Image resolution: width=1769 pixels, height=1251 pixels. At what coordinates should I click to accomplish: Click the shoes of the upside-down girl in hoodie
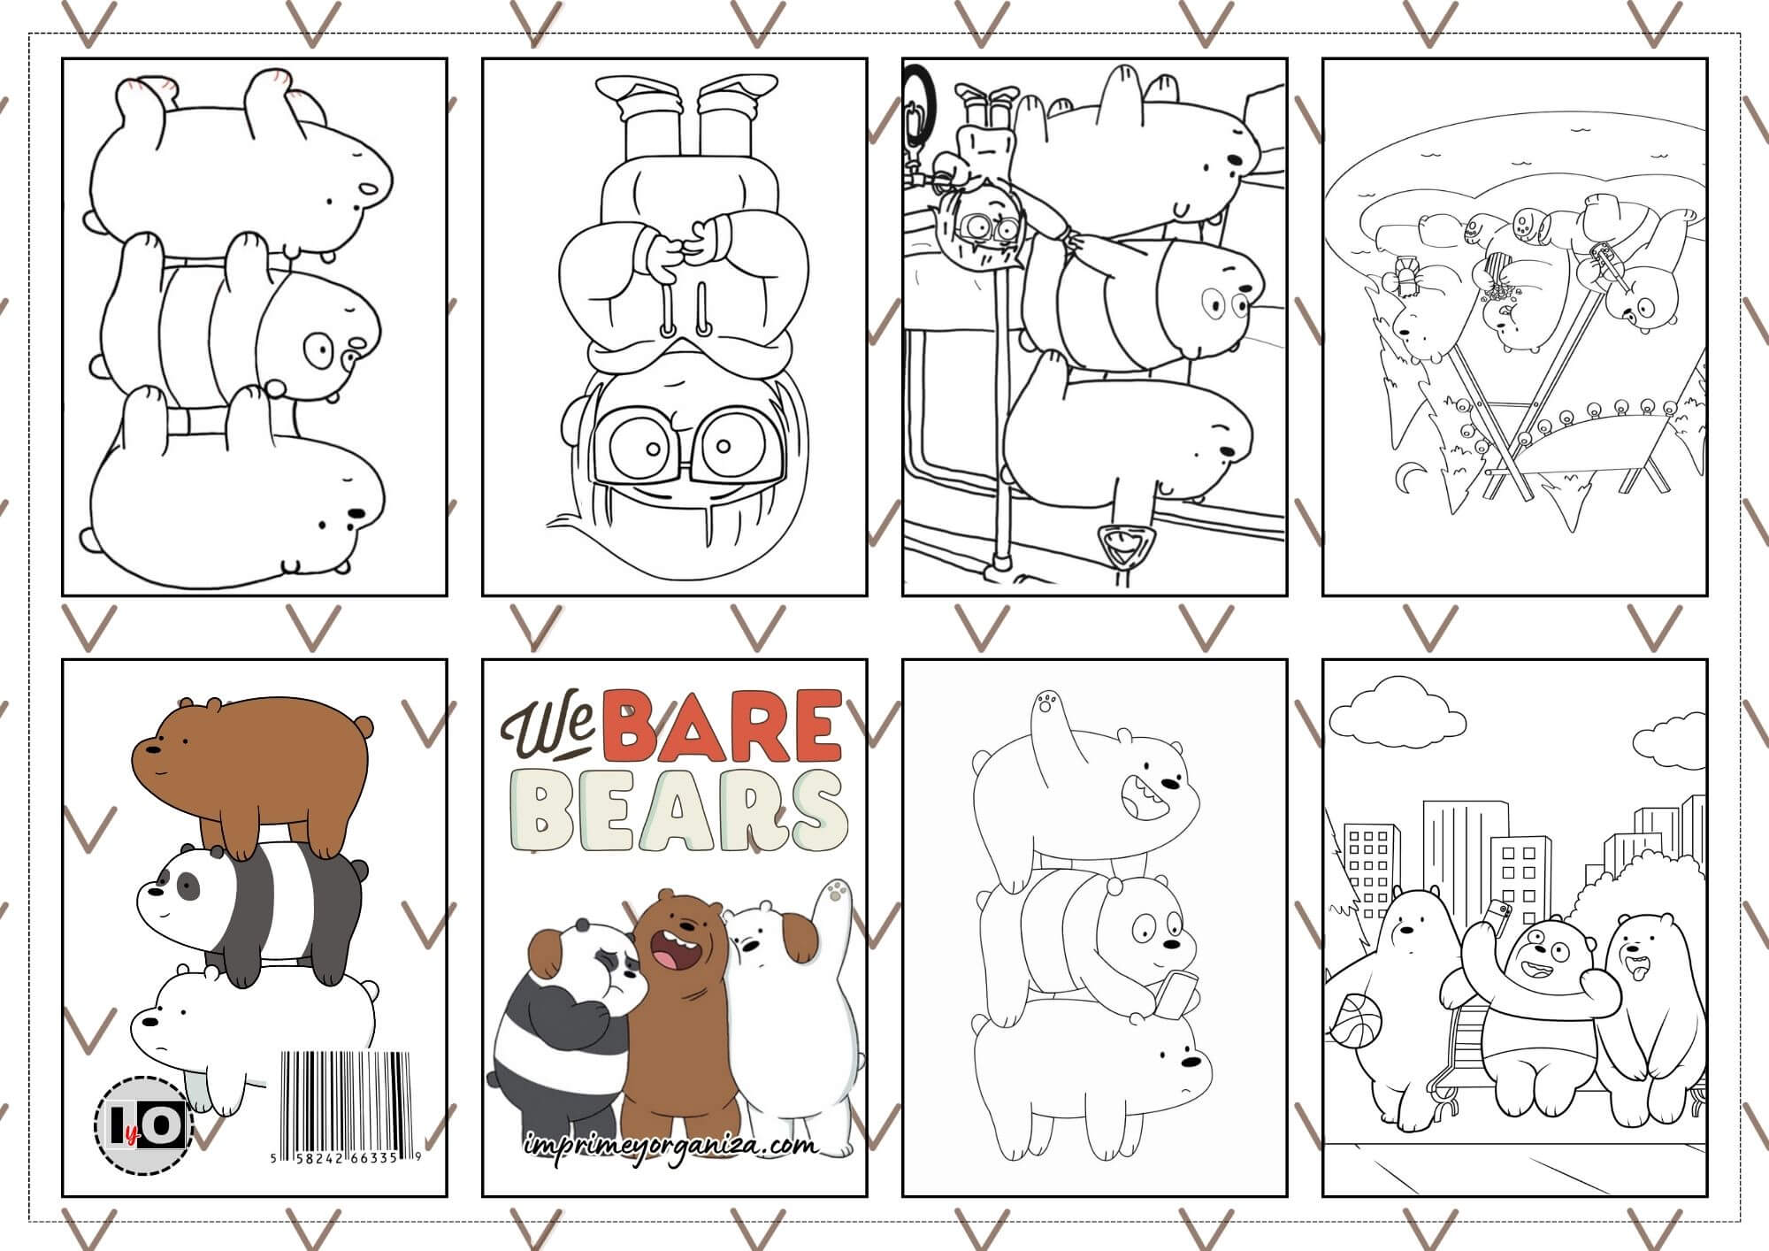(674, 89)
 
